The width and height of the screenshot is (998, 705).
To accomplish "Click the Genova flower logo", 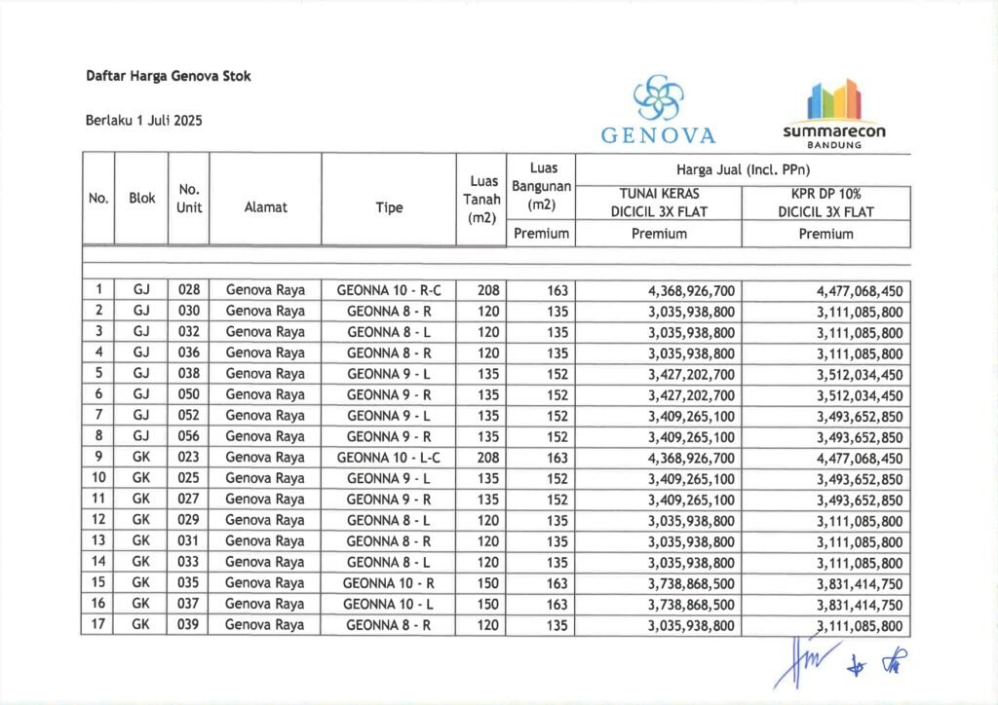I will tap(660, 98).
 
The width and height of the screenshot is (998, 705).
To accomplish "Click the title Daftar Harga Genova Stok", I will tap(168, 76).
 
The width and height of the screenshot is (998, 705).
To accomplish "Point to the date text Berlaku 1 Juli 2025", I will tap(144, 121).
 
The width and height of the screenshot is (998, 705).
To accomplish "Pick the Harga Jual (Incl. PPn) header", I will tap(743, 170).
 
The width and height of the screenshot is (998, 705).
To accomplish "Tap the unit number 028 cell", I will tap(188, 290).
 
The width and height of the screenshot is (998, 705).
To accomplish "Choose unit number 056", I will tap(188, 436).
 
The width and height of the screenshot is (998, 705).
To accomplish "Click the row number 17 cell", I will tap(98, 625).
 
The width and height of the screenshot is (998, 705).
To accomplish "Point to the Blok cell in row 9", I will tap(141, 458).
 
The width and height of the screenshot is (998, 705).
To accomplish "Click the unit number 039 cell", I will tap(188, 625).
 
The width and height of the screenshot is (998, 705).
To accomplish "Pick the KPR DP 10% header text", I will tap(825, 194).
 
